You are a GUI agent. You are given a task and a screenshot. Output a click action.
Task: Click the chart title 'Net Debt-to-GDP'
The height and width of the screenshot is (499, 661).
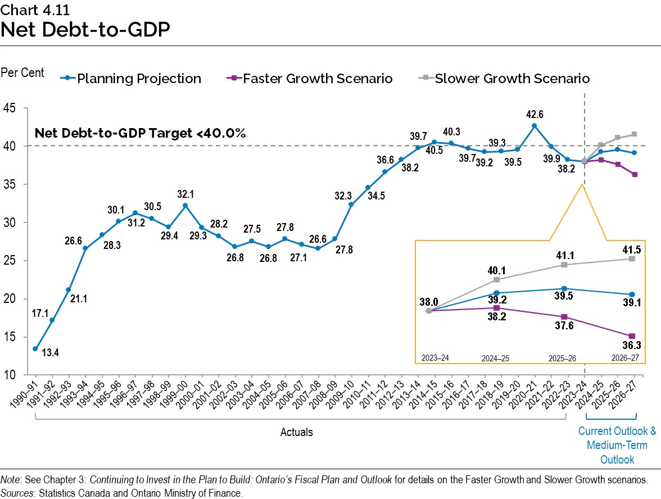[x=85, y=30]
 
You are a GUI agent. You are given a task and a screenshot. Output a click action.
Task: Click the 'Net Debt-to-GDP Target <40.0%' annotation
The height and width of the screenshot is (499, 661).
[x=141, y=133]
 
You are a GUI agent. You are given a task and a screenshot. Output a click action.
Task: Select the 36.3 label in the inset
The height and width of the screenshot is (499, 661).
[x=632, y=347]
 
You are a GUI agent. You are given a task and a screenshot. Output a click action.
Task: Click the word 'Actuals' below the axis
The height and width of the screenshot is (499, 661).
[x=296, y=432]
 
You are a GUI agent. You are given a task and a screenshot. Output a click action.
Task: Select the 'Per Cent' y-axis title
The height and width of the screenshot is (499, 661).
[x=22, y=74]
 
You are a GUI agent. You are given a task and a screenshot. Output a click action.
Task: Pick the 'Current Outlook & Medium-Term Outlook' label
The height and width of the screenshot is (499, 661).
[x=617, y=445]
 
